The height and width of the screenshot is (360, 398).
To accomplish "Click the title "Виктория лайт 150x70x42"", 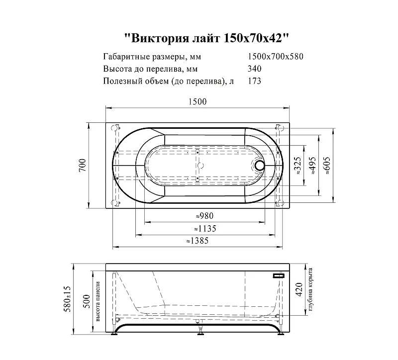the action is (206, 39).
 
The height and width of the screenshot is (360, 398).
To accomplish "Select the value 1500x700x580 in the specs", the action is (276, 56).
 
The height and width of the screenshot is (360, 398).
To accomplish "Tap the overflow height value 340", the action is (254, 69).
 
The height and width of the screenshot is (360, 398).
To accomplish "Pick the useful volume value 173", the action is (254, 81).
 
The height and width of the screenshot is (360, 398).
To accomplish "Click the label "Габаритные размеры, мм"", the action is (152, 57).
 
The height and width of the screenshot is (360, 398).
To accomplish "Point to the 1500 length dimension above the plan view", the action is (198, 102).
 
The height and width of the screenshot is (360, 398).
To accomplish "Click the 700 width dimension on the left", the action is (83, 165).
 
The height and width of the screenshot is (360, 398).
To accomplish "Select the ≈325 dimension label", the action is (297, 166).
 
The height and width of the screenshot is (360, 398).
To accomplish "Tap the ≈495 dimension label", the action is (312, 166).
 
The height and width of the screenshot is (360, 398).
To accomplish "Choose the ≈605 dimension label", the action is (326, 166).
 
